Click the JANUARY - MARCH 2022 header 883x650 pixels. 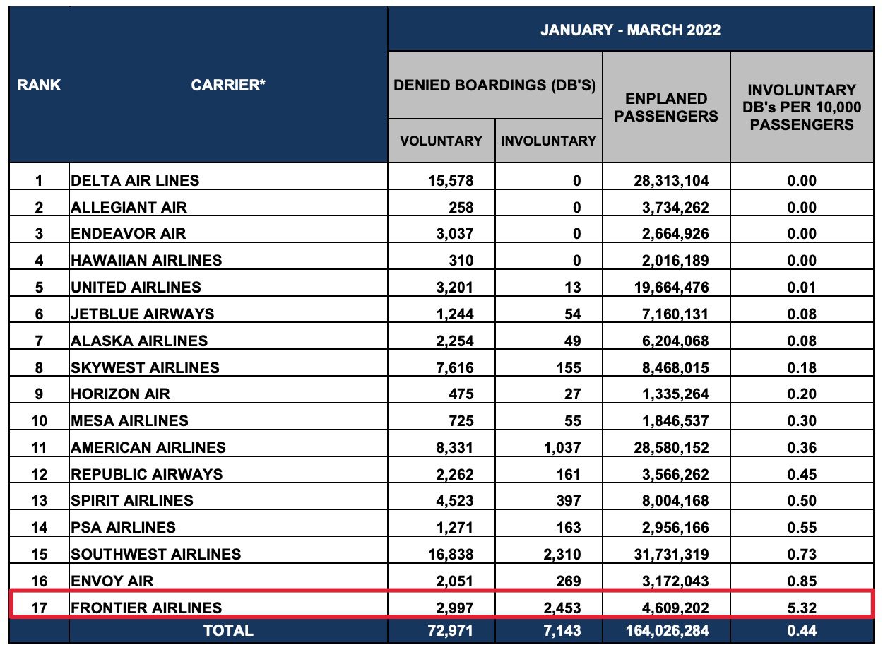coord(630,30)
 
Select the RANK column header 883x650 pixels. coord(39,85)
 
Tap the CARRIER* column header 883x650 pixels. coord(228,85)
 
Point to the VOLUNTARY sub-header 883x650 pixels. coord(441,141)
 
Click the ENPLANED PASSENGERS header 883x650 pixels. coord(666,107)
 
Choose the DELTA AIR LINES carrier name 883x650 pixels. coord(135,180)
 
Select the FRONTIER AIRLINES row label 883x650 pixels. coord(146,607)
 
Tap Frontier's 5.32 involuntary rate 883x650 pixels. coord(801,607)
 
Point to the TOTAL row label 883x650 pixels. coord(228,630)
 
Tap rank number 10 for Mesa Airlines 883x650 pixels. coord(39,420)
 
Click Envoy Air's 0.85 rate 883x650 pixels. coord(801,581)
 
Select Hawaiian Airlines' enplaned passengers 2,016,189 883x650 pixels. coord(671,260)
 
